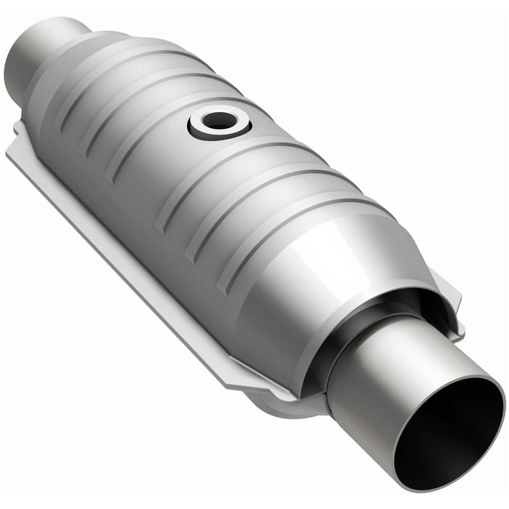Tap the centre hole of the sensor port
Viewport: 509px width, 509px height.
click(218, 121)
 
